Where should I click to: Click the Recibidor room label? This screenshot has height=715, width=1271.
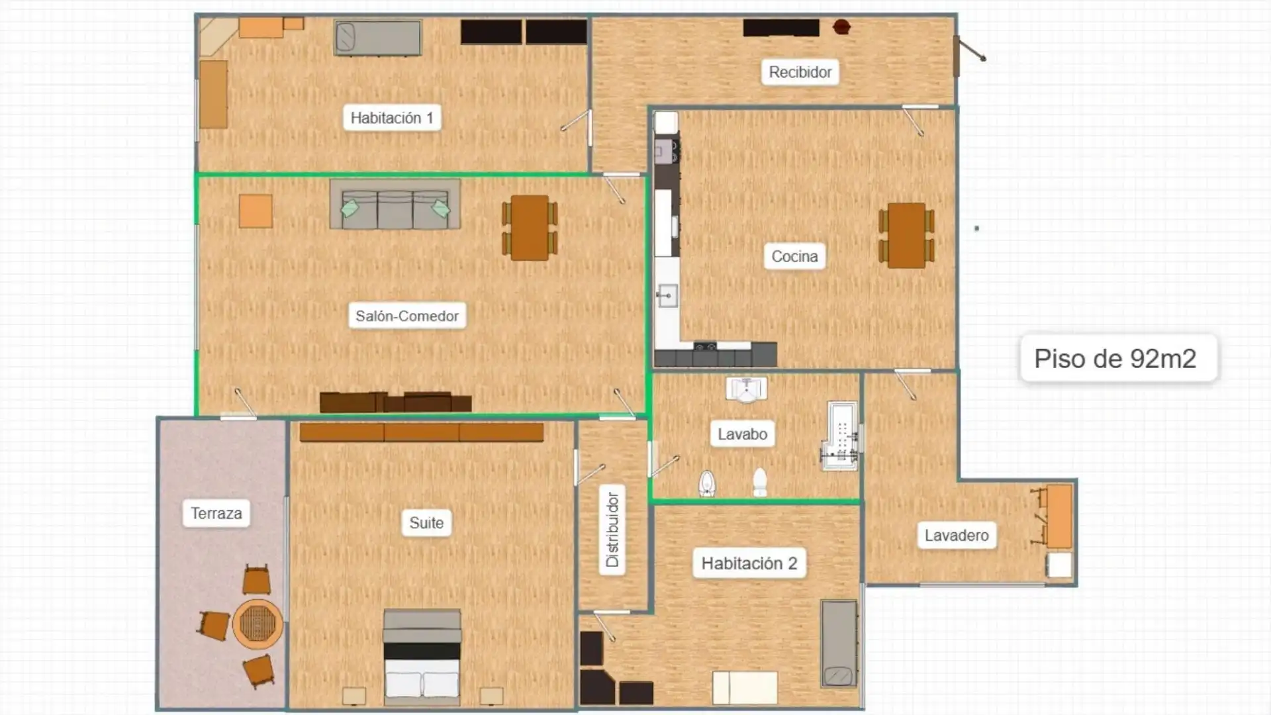point(800,72)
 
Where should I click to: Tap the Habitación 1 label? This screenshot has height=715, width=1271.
point(392,118)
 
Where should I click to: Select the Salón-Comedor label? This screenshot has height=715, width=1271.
point(407,316)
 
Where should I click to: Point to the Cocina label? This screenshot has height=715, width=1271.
point(794,256)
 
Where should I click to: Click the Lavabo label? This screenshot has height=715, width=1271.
point(743,434)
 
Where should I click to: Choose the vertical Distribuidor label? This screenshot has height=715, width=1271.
point(612,530)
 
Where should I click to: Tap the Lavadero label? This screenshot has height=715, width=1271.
point(957,536)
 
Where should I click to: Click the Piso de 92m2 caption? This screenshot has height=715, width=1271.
point(1115,358)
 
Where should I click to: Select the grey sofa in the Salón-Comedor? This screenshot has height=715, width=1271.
point(395,205)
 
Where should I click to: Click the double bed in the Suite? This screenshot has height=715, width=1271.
point(422,658)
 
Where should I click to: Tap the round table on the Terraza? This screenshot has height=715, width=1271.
point(258,624)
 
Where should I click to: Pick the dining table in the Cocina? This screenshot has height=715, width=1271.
point(906,236)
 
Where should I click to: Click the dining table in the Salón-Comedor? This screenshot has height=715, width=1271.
point(530,228)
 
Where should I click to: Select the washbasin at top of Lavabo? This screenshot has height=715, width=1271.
point(747,389)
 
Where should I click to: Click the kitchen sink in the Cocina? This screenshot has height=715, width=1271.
point(667,295)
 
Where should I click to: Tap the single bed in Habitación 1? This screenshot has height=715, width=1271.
point(378,38)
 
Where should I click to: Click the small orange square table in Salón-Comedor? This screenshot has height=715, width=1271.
point(256,211)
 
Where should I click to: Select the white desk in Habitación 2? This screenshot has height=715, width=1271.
point(745,688)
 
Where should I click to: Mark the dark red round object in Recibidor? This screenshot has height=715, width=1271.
point(841,27)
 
